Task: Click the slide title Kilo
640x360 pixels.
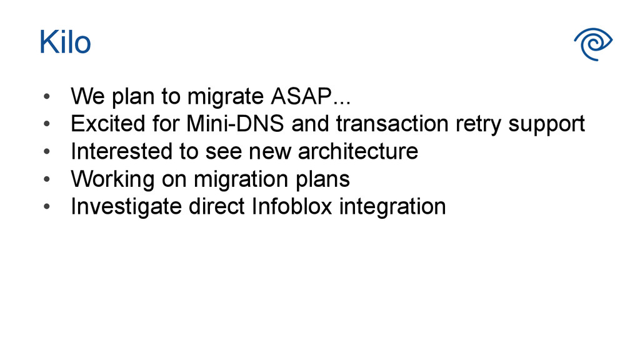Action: coord(65,42)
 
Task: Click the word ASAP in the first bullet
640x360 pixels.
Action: coord(301,97)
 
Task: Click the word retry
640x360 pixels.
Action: coord(477,125)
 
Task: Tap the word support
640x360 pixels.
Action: coord(547,125)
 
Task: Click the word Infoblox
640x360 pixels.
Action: coord(292,206)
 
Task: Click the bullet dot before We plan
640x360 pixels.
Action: coord(45,98)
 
